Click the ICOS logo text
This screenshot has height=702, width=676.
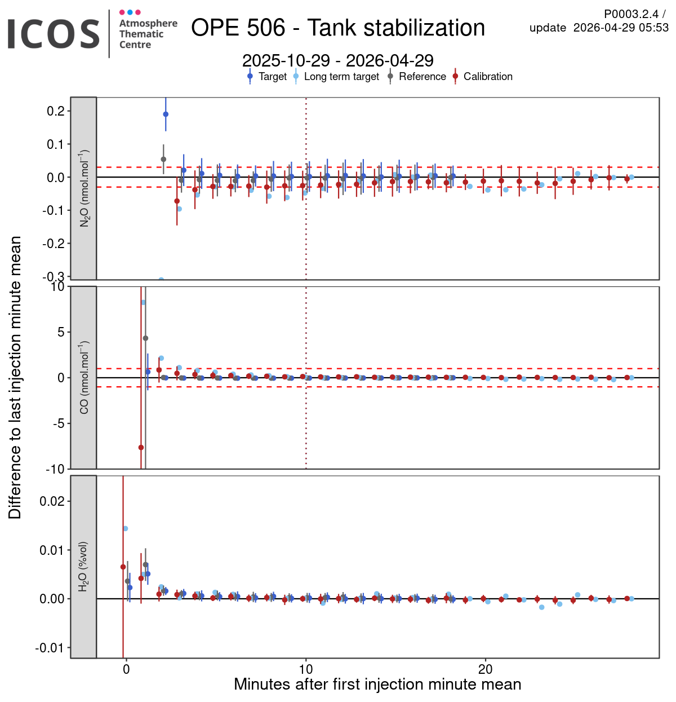(x=54, y=34)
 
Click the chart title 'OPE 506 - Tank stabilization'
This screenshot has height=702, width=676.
(x=338, y=28)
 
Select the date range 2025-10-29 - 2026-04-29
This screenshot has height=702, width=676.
(x=338, y=60)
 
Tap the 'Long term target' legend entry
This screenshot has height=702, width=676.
(x=341, y=77)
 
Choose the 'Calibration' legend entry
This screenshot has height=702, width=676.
(x=488, y=77)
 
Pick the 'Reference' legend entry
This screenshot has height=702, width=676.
(x=422, y=77)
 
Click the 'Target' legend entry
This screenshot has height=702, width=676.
(x=273, y=77)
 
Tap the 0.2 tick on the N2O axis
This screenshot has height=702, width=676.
(x=56, y=111)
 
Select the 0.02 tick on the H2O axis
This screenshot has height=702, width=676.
(x=52, y=501)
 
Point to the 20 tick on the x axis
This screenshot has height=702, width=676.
(x=485, y=669)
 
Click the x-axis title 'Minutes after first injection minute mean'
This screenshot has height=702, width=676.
(x=377, y=685)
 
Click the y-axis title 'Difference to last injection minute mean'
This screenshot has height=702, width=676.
(x=15, y=377)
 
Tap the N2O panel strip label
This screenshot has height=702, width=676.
(x=84, y=188)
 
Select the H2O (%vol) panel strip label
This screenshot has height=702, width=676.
(x=83, y=567)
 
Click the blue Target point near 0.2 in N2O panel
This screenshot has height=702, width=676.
(x=166, y=114)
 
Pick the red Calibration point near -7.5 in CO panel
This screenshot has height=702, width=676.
(x=141, y=448)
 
